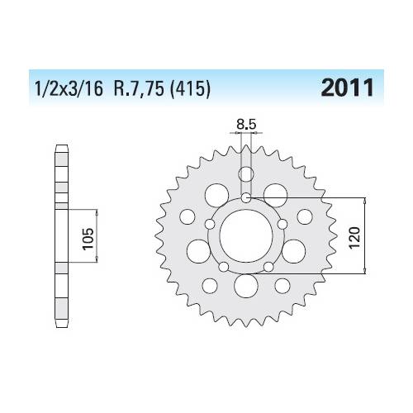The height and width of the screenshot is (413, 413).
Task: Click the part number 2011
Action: pos(347,88)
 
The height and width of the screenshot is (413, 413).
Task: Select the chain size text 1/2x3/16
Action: pos(69,89)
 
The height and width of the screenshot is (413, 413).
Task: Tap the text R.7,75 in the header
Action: pos(139,88)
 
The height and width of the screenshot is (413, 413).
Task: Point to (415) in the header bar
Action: pos(190,89)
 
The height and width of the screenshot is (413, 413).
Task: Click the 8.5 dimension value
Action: pos(246,125)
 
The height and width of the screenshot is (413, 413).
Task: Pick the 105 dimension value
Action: pos(88,239)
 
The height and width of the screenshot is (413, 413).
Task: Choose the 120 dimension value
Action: pos(354,237)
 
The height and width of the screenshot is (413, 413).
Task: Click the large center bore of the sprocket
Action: pos(246,235)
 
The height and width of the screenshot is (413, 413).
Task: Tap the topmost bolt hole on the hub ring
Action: pos(246,197)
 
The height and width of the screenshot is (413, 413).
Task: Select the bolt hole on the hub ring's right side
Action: pos(282,224)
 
